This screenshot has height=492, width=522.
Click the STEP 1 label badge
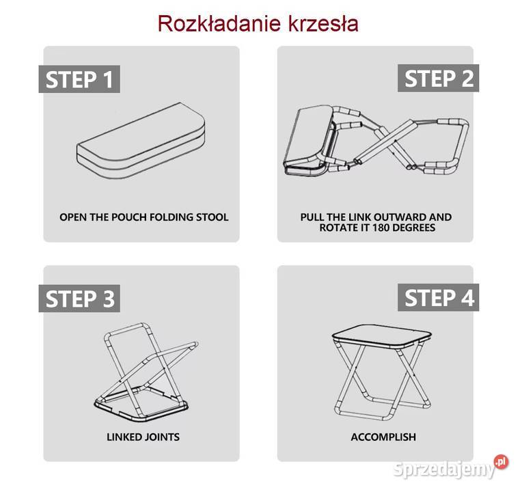pos(79,79)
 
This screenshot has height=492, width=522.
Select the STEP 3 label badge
pos(79,299)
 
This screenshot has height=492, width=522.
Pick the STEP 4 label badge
pos(439,298)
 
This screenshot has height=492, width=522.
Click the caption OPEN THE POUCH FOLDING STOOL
pos(143,217)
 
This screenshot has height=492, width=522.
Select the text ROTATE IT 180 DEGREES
pos(376,228)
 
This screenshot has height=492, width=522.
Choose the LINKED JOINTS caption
pos(143,437)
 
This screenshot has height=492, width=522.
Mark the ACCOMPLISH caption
pos(383,437)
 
